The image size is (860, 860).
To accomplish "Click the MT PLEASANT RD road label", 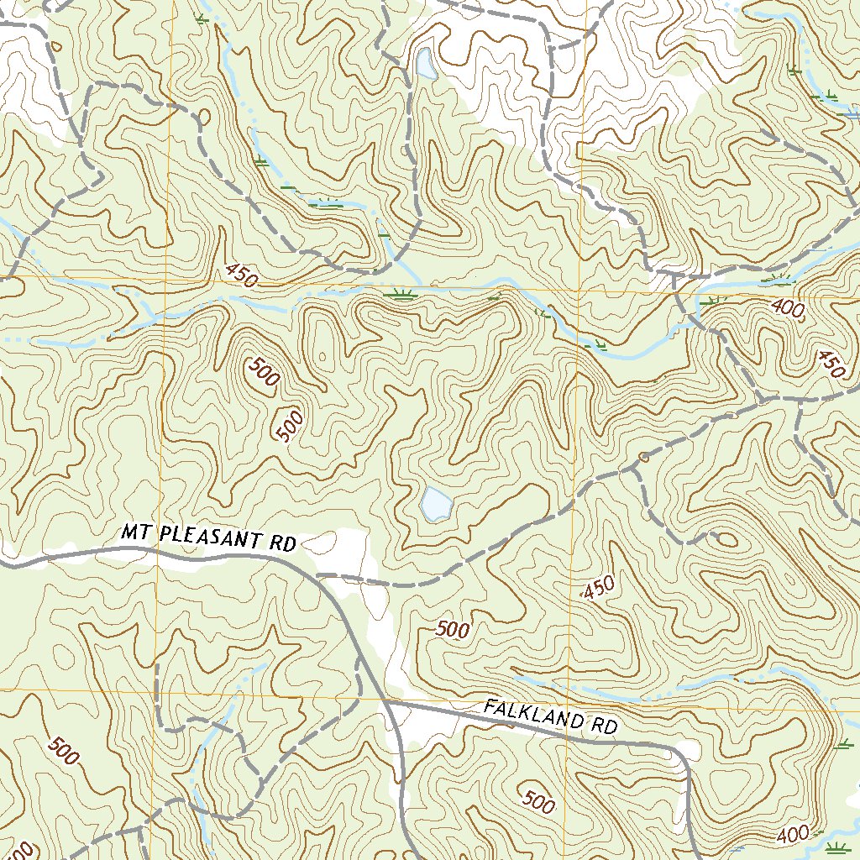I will point(209,537).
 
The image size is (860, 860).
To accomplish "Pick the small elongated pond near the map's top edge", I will point(424,63).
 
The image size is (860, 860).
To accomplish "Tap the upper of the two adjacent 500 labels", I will point(263,372).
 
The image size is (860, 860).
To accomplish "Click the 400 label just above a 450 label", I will point(789,309).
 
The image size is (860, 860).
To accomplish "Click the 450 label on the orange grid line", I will point(241,275).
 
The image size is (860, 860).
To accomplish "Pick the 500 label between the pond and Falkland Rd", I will point(453,629).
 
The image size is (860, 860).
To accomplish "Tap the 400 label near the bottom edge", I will point(793,835).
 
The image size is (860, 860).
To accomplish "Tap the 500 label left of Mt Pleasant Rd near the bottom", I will point(64,751).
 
